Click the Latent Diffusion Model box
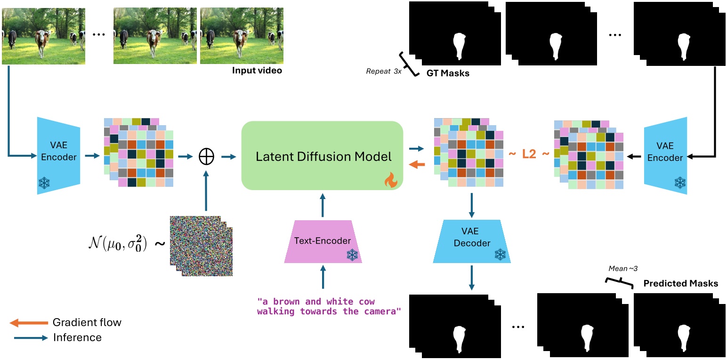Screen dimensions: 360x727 coord(322,156)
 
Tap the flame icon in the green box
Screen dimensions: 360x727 coord(391,180)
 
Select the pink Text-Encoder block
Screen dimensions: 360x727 coord(323,241)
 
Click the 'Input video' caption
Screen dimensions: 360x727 coord(256,71)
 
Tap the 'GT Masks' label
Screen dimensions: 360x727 coord(447,73)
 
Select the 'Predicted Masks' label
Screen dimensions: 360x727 coord(680,283)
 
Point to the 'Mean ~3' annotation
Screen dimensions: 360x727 coord(621,269)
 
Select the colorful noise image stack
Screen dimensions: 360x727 coord(201,245)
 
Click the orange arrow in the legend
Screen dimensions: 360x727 coord(29,323)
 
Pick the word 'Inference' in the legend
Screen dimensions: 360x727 coord(77,337)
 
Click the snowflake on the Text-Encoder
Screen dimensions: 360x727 coord(352,255)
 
